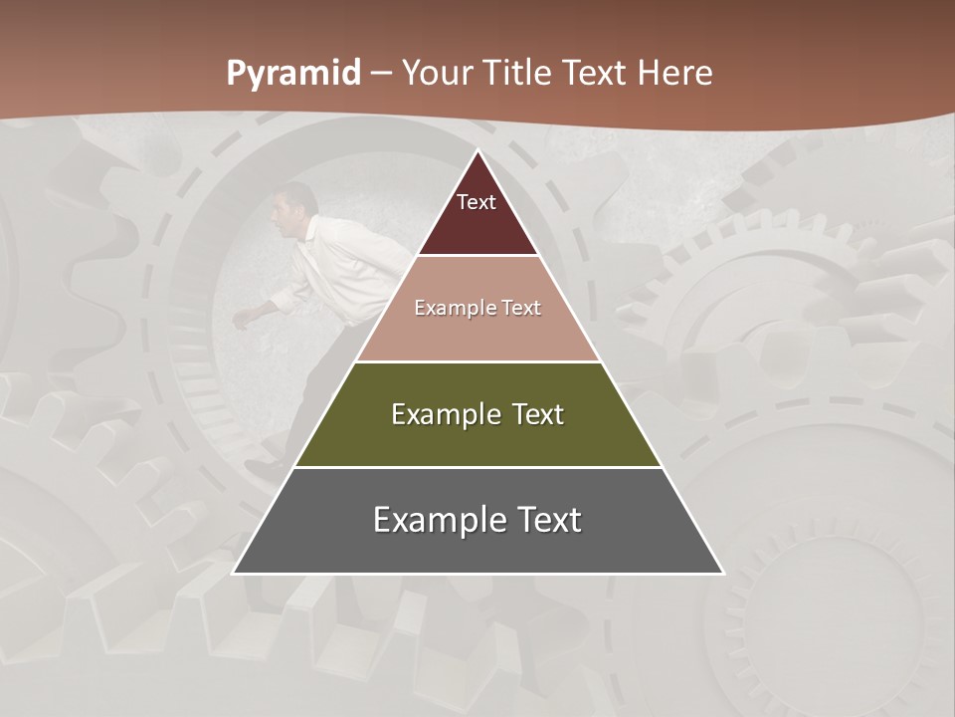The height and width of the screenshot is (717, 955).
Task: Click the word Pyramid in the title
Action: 292,74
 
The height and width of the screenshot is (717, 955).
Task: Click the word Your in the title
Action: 437,73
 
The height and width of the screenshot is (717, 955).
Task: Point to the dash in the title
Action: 380,74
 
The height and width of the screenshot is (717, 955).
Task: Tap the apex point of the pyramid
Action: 478,151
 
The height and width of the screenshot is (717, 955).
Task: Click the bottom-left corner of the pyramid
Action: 235,572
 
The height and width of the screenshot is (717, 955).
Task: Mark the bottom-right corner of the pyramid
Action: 722,572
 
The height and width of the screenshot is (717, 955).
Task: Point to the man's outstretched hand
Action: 242,318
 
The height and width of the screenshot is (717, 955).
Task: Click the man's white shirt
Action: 343,269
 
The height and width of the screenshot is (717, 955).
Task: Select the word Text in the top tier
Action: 477,202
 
